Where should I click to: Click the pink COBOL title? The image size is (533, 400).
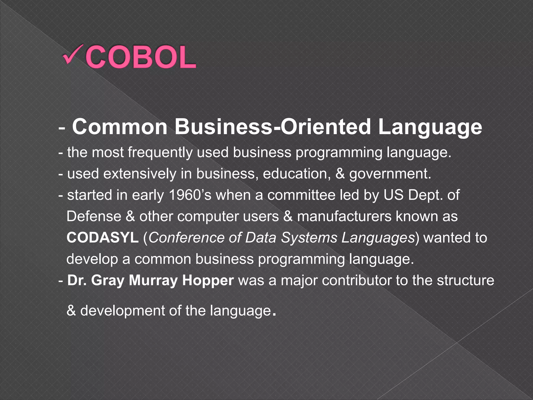pos(141,57)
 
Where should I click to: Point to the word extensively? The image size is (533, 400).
pos(140,174)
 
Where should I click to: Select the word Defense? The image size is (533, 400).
pos(94,216)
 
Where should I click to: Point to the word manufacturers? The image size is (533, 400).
pos(344,216)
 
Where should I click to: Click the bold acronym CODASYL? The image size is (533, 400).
pos(103,238)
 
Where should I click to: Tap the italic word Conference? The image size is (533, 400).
pos(186,238)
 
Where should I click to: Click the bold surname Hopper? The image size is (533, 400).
pos(208,280)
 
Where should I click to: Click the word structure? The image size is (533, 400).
pos(465,280)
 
